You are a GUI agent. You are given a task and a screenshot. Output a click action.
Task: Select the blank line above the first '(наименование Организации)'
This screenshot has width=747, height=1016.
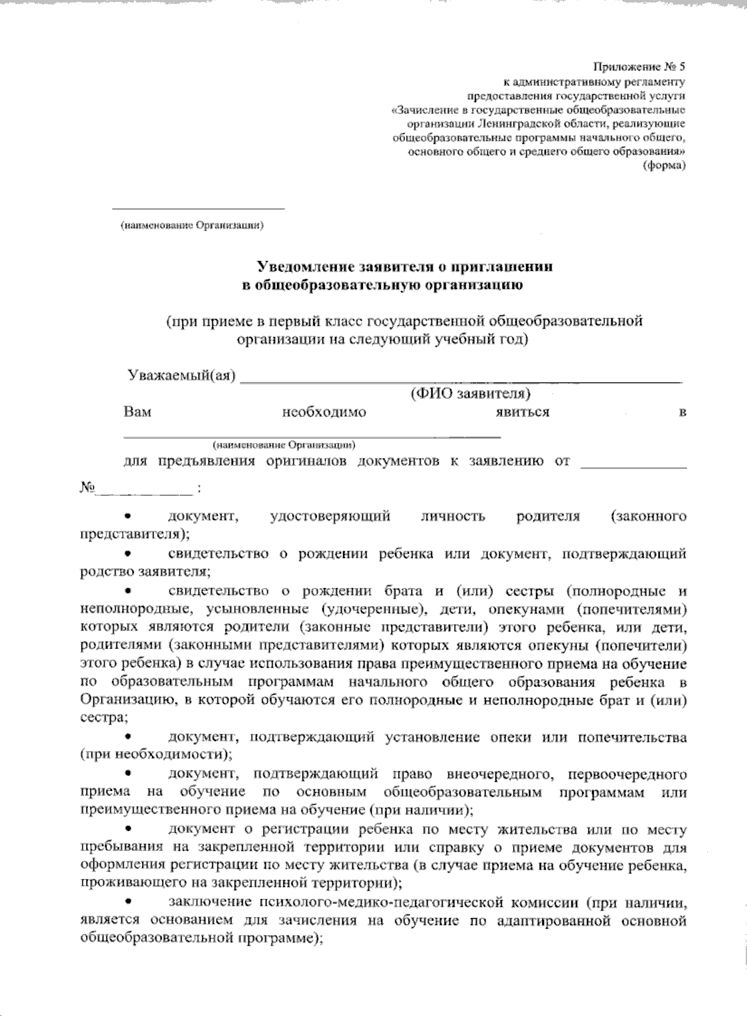click(x=197, y=208)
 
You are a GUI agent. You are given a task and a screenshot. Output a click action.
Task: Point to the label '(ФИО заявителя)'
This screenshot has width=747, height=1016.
click(x=470, y=394)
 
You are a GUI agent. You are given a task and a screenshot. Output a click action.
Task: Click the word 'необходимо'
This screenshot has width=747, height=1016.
click(x=324, y=412)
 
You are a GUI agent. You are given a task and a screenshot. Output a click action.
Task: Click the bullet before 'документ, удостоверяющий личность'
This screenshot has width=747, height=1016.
click(x=128, y=516)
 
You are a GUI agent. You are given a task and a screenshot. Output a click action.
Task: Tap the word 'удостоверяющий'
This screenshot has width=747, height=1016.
click(x=331, y=516)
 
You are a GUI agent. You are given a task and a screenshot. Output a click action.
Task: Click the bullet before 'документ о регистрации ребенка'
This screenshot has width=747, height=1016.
click(x=128, y=830)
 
